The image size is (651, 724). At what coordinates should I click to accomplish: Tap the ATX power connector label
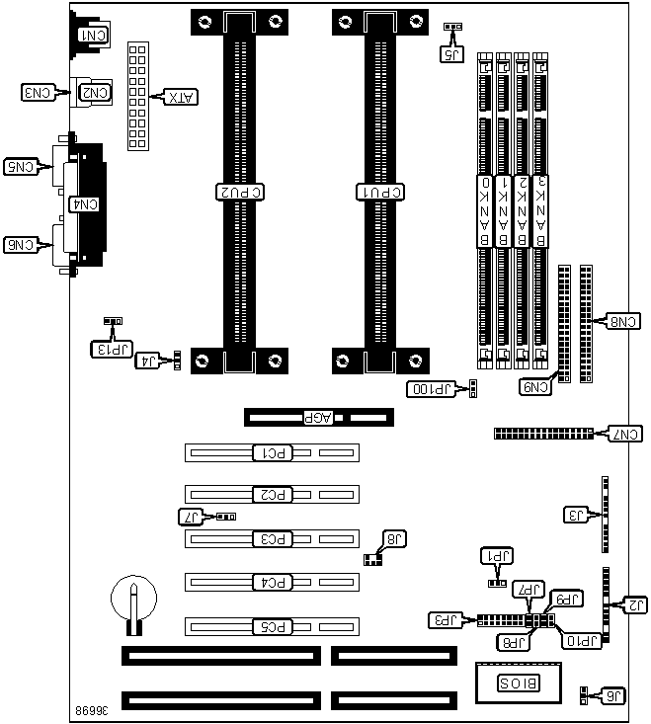[179, 97]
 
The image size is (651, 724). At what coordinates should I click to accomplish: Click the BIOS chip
[513, 683]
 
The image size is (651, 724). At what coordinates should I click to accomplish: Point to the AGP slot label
[319, 417]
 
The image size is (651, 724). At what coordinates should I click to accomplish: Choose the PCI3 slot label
[272, 539]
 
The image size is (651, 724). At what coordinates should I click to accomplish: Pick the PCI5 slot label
[272, 625]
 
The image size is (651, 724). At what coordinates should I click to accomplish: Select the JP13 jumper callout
[105, 348]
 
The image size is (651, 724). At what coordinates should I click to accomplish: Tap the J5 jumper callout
[451, 55]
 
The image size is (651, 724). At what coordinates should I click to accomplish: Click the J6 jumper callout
[613, 696]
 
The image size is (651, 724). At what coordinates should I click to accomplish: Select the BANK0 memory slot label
[485, 211]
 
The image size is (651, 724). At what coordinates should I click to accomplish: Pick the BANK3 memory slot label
[541, 211]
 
